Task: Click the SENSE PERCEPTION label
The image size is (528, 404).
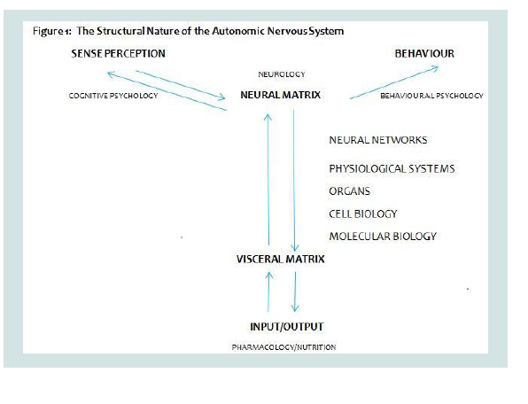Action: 118,53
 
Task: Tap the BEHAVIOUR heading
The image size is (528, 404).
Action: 424,53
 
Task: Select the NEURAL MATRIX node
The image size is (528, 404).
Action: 281,95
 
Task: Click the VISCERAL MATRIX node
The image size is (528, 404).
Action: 281,259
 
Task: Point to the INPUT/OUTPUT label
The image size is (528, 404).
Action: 287,327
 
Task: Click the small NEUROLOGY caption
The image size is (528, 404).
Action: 282,74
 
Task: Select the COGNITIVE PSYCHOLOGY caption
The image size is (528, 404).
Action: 113,96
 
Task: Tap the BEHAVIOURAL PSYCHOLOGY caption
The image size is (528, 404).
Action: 431,96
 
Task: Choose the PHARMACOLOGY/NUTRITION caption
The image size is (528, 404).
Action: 283,347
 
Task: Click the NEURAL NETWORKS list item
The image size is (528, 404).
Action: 378,140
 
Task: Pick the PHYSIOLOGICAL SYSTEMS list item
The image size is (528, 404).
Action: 392,168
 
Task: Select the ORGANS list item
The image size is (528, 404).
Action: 350,191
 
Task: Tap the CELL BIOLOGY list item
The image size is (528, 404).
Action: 363,214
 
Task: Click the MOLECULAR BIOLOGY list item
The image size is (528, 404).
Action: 383,237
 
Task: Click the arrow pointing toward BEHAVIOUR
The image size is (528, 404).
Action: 394,82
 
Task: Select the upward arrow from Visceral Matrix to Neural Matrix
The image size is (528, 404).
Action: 268,180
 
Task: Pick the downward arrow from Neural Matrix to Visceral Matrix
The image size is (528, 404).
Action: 294,181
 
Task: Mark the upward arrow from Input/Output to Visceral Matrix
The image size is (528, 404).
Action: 268,291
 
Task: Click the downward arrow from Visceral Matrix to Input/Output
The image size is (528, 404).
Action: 295,291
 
